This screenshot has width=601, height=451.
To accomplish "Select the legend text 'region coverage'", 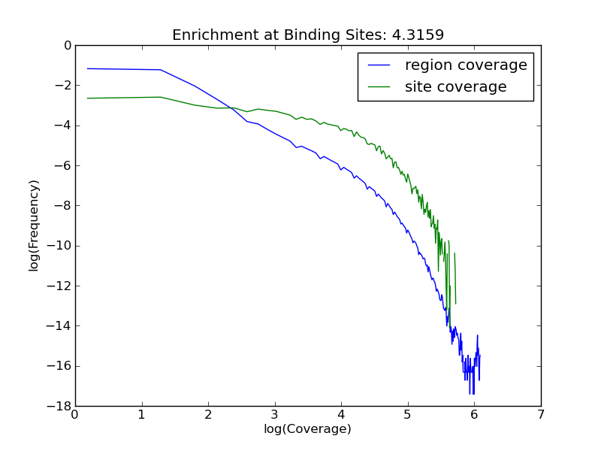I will (466, 65).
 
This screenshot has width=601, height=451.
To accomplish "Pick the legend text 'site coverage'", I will (455, 87).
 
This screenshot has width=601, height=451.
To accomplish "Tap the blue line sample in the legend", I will (379, 65).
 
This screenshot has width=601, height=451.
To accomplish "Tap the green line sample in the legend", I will (379, 87).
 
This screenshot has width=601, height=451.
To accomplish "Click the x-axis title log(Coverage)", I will (307, 429).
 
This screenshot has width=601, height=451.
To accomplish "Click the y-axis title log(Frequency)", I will (34, 225).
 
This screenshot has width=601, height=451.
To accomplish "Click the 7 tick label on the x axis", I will (540, 415).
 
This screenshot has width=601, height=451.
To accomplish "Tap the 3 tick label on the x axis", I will (274, 415).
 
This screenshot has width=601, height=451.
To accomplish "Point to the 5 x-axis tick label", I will (407, 415).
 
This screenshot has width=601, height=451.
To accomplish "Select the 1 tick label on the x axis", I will (141, 415).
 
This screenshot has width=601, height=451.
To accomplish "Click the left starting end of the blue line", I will (87, 68).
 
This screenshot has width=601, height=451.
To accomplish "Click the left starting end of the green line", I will (87, 98).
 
